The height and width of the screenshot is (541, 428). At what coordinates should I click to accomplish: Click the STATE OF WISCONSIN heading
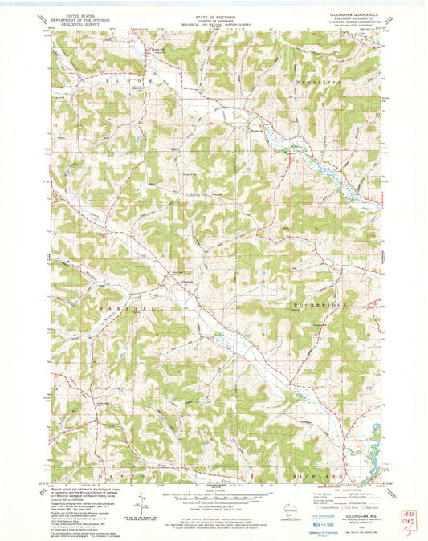(x=215, y=15)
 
